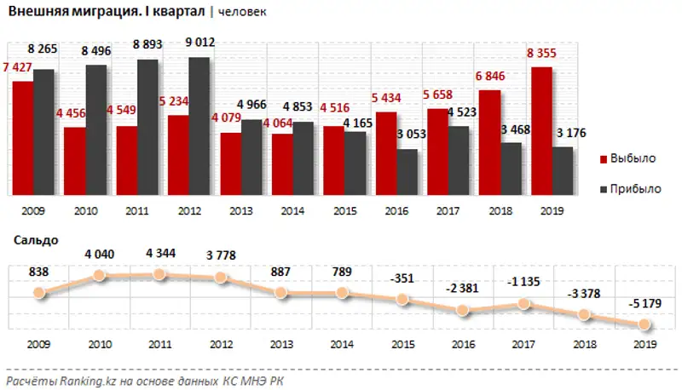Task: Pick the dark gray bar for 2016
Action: pyautogui.click(x=407, y=173)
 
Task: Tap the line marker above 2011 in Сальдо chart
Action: pyautogui.click(x=159, y=274)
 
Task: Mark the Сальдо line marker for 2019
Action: pyautogui.click(x=645, y=324)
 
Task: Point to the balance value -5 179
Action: pyautogui.click(x=645, y=302)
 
